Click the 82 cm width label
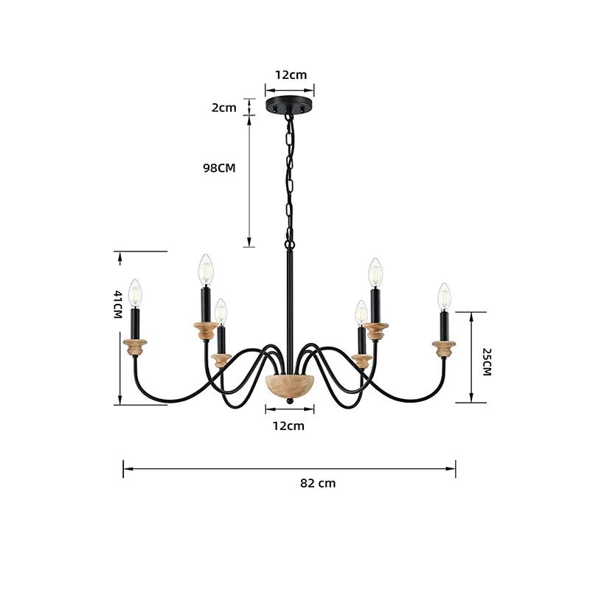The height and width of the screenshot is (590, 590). [318, 483]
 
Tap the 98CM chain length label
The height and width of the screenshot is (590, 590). [219, 168]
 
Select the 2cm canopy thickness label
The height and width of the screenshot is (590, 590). [224, 108]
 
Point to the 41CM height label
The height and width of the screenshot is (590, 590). [118, 305]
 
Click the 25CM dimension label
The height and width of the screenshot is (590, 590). [487, 362]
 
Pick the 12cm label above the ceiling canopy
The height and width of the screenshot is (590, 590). [291, 74]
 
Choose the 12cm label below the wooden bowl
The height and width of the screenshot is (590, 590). [288, 426]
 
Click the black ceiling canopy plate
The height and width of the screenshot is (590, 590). [290, 105]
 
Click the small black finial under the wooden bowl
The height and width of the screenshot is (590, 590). [289, 402]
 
